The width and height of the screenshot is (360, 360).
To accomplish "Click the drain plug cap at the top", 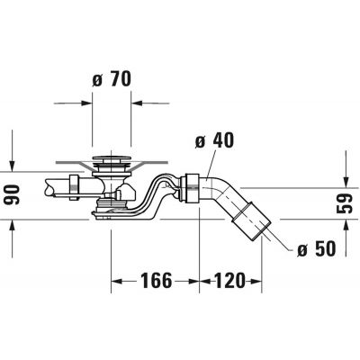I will pyautogui.click(x=112, y=163).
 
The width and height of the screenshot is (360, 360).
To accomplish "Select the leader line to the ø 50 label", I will pyautogui.click(x=280, y=241).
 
